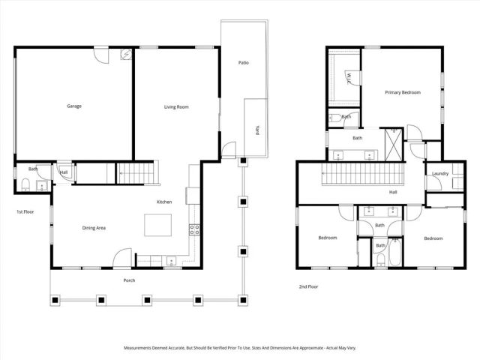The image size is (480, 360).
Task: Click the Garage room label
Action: (x=73, y=106)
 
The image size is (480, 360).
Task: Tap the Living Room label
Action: (x=176, y=107)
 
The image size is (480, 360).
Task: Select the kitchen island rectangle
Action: (x=158, y=224)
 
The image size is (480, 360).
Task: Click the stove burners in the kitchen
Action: (x=193, y=229)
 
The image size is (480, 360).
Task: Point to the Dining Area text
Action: (x=94, y=227)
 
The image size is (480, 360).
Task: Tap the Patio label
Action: (x=243, y=62)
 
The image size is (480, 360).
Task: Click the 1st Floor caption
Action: (x=26, y=211)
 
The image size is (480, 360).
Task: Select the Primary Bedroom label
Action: (x=403, y=92)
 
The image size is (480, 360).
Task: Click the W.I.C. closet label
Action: (x=350, y=76)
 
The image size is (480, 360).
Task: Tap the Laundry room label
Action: (x=440, y=174)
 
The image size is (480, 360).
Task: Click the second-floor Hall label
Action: (x=393, y=192)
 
